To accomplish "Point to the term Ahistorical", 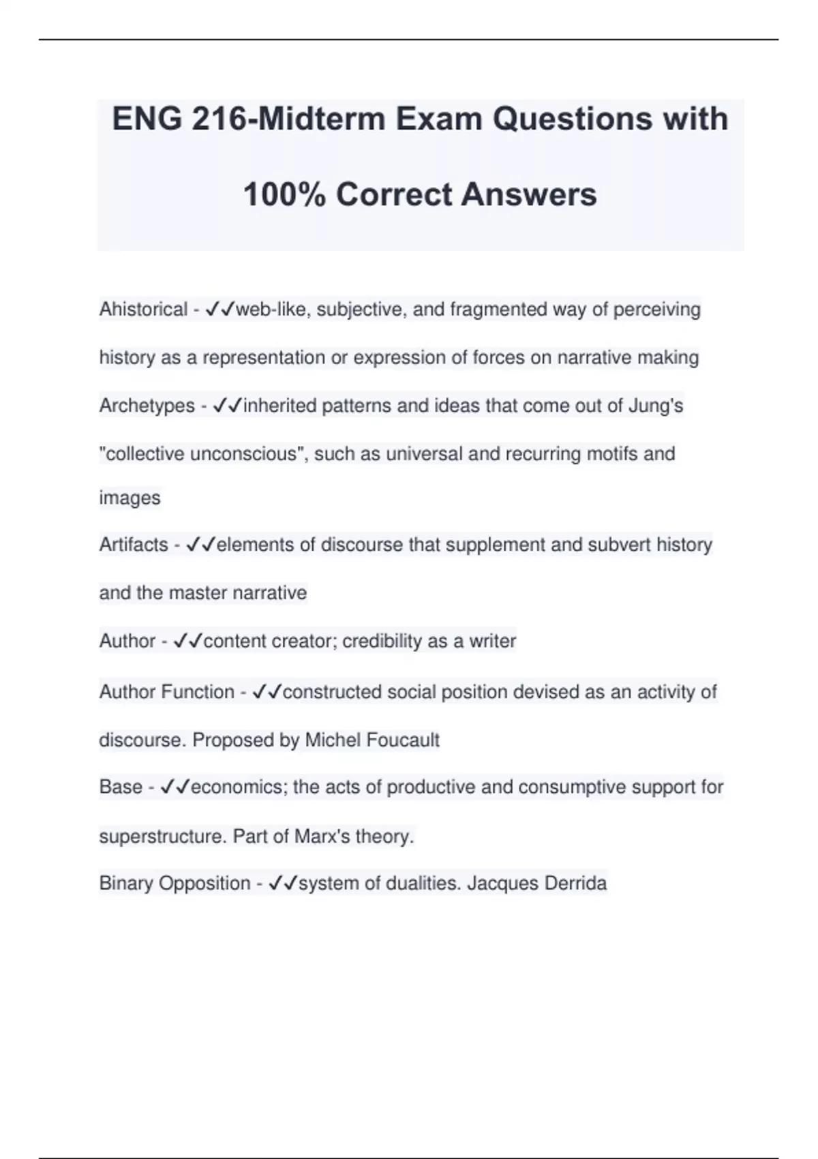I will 143,310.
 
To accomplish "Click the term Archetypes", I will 147,406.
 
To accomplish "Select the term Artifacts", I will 134,545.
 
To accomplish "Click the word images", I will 130,498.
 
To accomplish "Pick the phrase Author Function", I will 167,692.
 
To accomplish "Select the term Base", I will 121,787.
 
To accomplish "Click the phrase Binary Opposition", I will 175,884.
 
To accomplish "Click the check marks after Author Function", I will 267,692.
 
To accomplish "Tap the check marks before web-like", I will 219,310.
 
